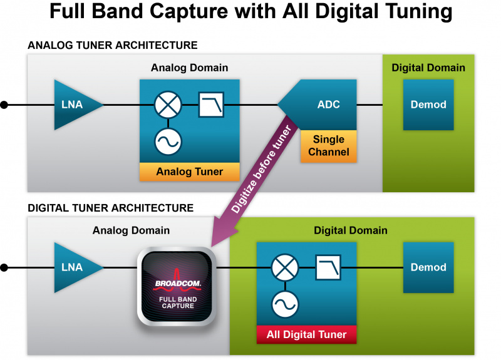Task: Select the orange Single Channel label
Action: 328,146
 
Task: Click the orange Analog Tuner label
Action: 190,172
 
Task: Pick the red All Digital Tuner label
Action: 306,334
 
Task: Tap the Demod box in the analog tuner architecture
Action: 428,105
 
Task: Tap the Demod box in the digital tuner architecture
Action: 428,267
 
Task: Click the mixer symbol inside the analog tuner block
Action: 168,105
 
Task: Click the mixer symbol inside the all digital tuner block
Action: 285,267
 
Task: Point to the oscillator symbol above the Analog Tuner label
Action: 168,143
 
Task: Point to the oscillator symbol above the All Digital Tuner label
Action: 285,306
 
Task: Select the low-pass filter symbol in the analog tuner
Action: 210,105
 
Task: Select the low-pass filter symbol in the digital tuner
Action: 328,267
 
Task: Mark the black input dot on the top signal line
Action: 4,105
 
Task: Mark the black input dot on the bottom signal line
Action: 4,267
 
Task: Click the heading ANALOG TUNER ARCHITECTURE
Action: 113,45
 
